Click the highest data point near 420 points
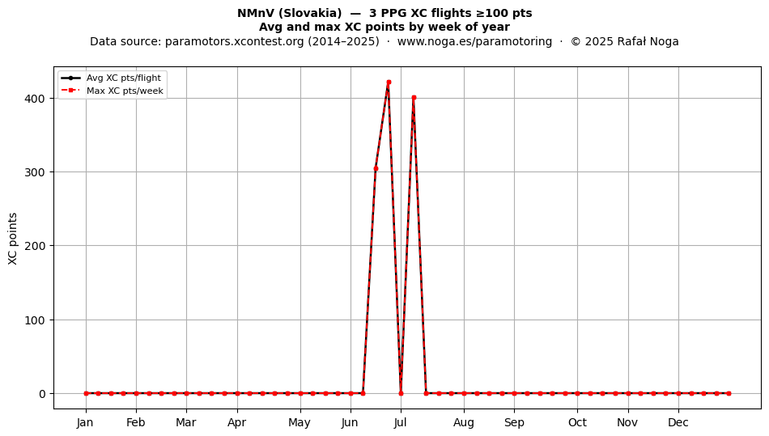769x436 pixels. [389, 83]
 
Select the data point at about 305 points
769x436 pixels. [376, 168]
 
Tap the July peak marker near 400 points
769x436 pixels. [414, 98]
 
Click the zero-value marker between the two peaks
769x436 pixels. [401, 393]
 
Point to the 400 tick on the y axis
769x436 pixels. [35, 99]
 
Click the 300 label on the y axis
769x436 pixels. [35, 172]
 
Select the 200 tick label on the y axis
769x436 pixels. [35, 246]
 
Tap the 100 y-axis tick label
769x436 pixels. [35, 320]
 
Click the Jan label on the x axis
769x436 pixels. [85, 422]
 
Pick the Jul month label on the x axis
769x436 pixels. [400, 422]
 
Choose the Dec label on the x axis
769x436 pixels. [678, 422]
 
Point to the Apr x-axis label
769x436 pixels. [237, 422]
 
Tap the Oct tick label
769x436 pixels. [577, 422]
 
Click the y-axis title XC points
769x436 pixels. [13, 239]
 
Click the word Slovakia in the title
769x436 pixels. [309, 13]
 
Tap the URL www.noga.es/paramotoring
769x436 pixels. [474, 41]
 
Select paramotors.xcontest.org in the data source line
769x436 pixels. [235, 41]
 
